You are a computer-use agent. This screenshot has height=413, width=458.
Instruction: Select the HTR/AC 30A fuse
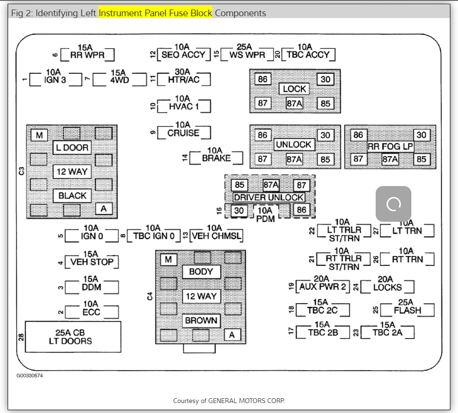(184, 79)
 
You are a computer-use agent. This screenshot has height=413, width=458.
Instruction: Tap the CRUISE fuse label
(183, 133)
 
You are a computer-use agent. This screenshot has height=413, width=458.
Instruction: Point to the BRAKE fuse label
(216, 158)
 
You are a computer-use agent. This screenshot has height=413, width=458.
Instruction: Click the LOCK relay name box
(295, 89)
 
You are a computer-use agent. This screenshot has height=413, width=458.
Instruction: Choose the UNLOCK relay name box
(294, 144)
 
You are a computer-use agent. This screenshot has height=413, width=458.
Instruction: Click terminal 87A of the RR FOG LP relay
(390, 159)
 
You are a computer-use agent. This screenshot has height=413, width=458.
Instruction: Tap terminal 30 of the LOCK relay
(326, 79)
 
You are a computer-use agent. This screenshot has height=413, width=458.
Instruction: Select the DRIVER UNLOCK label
(269, 197)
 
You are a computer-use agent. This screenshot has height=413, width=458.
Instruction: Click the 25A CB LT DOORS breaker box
(73, 337)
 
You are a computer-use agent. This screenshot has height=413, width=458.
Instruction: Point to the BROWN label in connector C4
(201, 320)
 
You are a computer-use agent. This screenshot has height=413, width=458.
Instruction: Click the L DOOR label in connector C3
(72, 147)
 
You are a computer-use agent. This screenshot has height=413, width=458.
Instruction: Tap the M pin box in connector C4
(169, 259)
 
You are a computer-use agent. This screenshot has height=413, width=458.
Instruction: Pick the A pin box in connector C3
(103, 208)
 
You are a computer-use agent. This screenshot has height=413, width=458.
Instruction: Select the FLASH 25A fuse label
(408, 310)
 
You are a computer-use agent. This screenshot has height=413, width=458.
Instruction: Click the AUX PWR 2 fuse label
(323, 286)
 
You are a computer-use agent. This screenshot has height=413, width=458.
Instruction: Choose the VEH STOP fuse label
(92, 262)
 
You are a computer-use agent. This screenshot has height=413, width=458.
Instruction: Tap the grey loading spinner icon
(393, 204)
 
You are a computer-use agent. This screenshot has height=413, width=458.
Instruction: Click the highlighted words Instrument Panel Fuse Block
(156, 13)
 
